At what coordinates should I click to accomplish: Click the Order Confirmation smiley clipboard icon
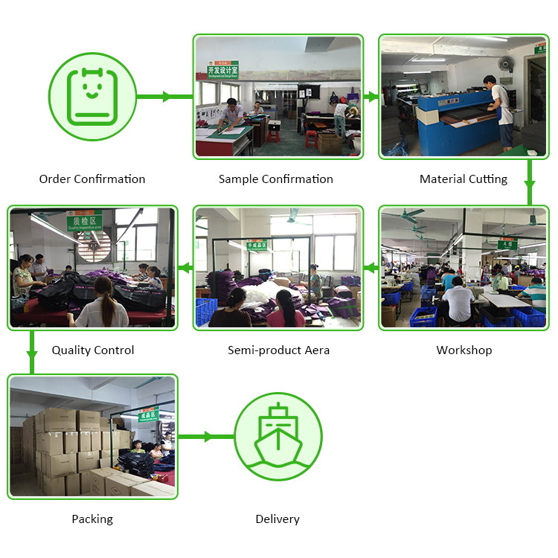92,97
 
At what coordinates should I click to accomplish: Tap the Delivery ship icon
278,436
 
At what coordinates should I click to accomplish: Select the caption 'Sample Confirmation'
276,179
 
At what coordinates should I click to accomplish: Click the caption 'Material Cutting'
464,179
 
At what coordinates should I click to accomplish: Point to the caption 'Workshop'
464,350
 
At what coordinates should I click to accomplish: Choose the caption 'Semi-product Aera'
278,350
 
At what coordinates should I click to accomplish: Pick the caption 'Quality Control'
93,350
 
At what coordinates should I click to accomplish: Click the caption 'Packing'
92,519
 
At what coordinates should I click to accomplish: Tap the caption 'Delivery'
278,519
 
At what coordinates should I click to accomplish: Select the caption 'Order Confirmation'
92,179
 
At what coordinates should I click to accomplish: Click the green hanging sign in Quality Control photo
84,222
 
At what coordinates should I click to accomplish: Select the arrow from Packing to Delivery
205,437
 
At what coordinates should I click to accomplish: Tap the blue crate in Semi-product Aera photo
206,312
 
